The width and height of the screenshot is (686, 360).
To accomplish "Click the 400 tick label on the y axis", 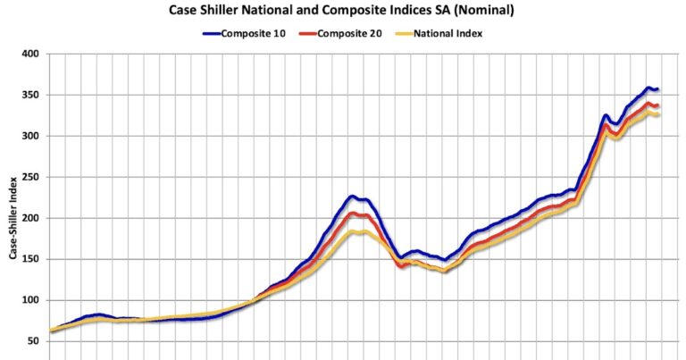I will pyautogui.click(x=30, y=54).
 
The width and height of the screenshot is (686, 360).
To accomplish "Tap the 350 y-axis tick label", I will pyautogui.click(x=30, y=95).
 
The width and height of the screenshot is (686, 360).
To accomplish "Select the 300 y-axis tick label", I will pyautogui.click(x=30, y=136).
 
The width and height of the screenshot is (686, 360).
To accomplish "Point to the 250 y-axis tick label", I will pyautogui.click(x=30, y=177).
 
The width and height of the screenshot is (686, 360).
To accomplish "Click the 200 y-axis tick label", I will pyautogui.click(x=30, y=218).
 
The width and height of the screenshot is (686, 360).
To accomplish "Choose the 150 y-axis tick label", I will pyautogui.click(x=30, y=259).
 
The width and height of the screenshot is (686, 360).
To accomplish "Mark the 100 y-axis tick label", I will pyautogui.click(x=30, y=300).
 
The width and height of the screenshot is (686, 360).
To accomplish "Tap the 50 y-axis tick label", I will pyautogui.click(x=33, y=341).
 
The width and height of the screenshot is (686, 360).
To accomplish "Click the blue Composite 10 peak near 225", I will pyautogui.click(x=354, y=197).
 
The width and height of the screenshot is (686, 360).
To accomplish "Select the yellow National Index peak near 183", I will pyautogui.click(x=357, y=232).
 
